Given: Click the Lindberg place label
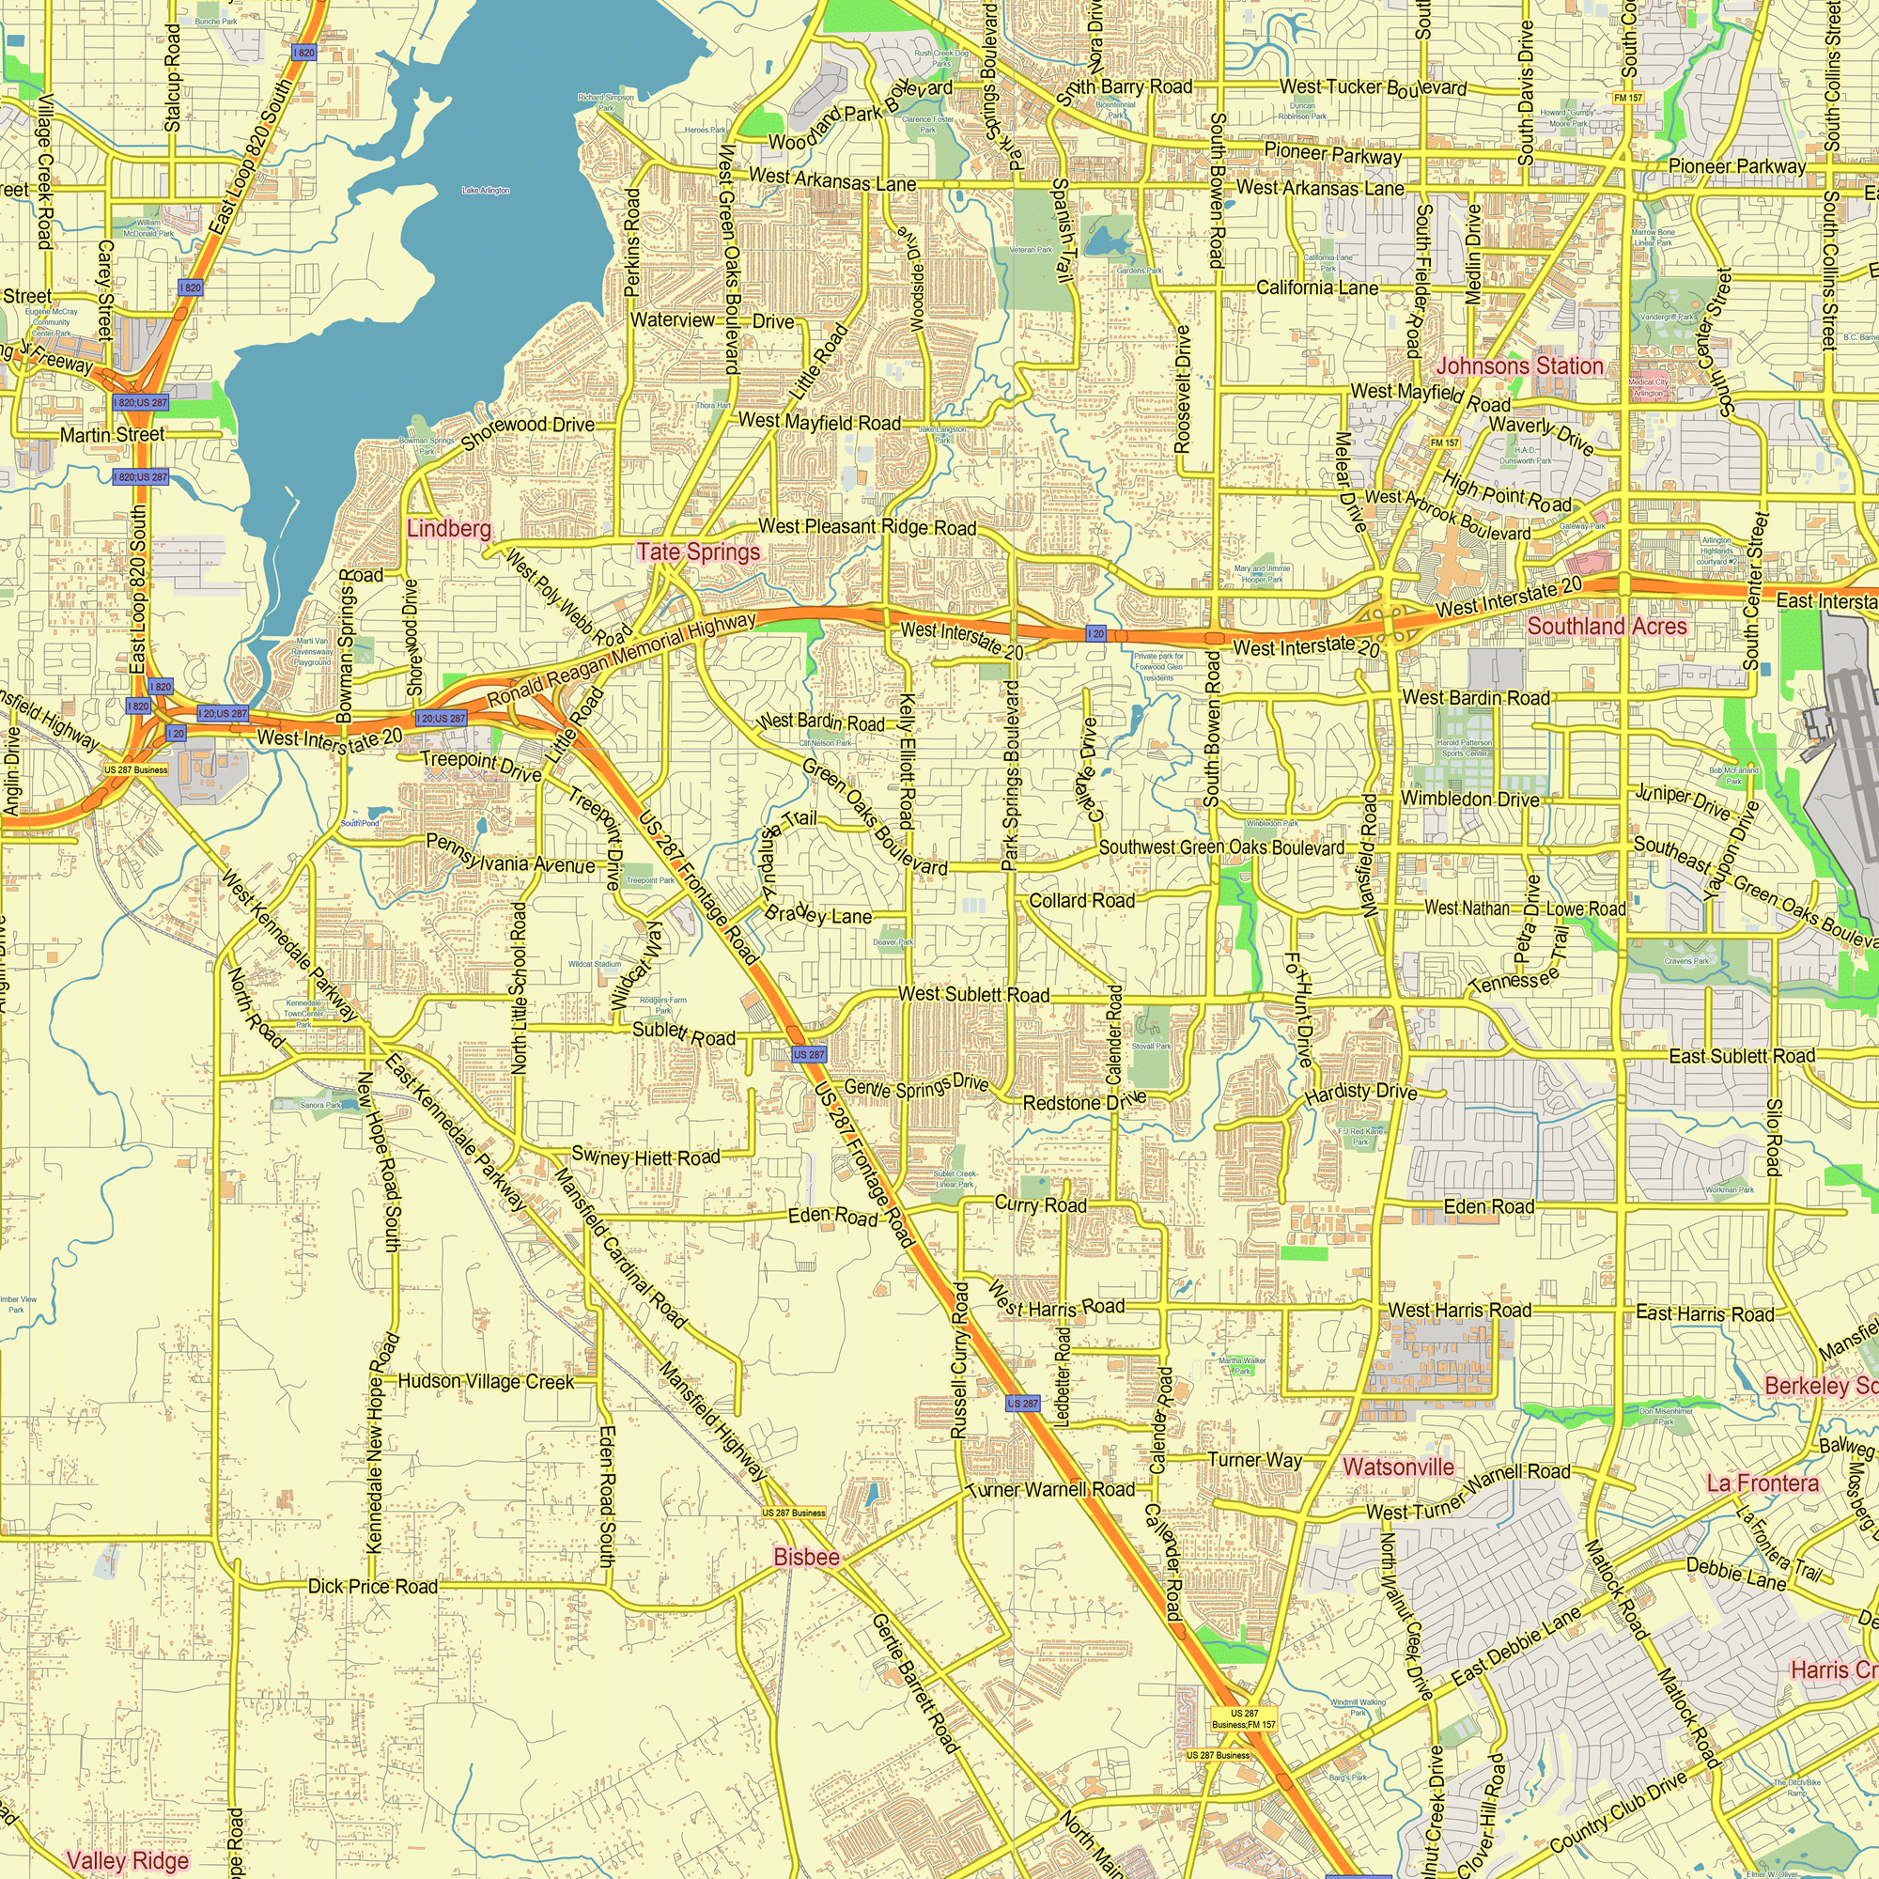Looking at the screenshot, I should click(x=448, y=529).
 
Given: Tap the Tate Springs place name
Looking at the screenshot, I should click(x=698, y=551).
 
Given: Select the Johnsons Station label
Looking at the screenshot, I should click(x=1519, y=366).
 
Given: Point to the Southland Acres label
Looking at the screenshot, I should click(x=1607, y=627).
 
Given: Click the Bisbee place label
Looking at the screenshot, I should click(x=806, y=1557).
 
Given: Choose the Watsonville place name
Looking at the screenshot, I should click(x=1398, y=1467).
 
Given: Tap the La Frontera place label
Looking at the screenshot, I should click(x=1763, y=1483).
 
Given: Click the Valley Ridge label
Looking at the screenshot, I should click(x=128, y=1861).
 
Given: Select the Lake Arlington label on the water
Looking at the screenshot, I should click(x=486, y=191).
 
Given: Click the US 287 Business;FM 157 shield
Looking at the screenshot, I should click(x=1244, y=1718).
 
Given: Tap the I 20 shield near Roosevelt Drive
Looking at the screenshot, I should click(x=1095, y=634).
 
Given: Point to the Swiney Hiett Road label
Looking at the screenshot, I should click(x=645, y=1157).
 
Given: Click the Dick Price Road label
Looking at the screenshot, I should click(x=372, y=1586).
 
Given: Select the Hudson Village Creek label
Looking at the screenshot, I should click(x=487, y=1382).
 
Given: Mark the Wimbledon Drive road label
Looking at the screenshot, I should click(x=1469, y=799).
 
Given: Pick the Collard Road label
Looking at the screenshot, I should click(x=1081, y=901).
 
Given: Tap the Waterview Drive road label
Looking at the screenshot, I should click(x=712, y=321).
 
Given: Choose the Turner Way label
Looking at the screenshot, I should click(x=1253, y=1460).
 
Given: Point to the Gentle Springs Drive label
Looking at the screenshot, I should click(x=915, y=1086).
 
